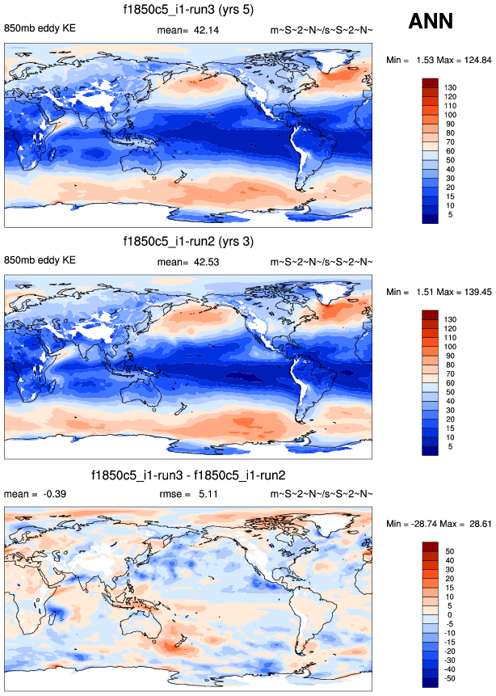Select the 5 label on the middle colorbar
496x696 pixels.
click(x=448, y=445)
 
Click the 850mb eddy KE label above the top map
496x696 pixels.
click(x=40, y=30)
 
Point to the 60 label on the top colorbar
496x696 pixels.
click(x=450, y=150)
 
